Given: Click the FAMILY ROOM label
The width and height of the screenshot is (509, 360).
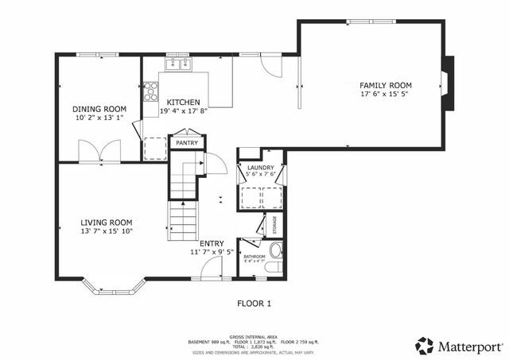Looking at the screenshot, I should [385, 85].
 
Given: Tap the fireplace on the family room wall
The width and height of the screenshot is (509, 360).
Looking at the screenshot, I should [449, 81].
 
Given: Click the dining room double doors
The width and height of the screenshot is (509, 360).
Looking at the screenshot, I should [100, 152].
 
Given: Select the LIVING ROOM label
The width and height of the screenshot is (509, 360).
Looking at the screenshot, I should [106, 222].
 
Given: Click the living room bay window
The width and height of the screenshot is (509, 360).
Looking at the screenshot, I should [115, 287].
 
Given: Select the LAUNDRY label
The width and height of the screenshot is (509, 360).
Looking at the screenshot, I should [260, 168].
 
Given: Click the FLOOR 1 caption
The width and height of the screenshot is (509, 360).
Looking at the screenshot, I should [254, 304].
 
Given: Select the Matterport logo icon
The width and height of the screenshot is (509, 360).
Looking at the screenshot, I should [425, 346].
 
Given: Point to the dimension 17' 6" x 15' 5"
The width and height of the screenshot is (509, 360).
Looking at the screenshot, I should [385, 94].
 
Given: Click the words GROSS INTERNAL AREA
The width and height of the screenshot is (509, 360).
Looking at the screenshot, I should [254, 337].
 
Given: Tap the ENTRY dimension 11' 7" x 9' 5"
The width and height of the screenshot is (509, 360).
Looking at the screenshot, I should [212, 253].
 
